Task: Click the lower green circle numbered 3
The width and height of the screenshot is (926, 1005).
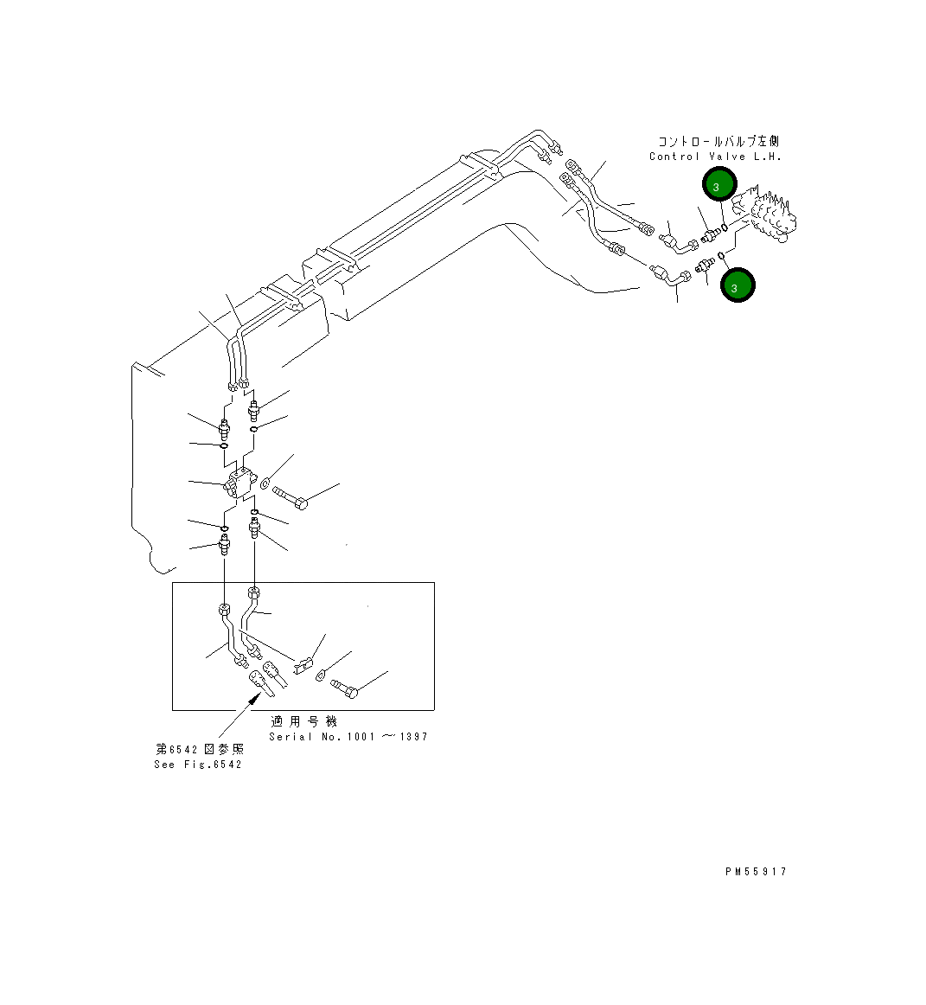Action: tap(738, 285)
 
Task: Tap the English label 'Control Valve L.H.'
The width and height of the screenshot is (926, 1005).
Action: tap(715, 157)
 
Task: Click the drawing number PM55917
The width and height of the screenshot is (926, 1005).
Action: tap(756, 872)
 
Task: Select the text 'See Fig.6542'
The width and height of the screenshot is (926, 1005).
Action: tap(198, 765)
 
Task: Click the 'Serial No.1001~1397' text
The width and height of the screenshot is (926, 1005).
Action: tap(348, 737)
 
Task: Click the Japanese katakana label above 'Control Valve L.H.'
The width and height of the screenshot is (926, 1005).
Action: tap(719, 141)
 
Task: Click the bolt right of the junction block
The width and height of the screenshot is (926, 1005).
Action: tap(290, 496)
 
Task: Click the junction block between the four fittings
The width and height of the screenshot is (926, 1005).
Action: tap(239, 483)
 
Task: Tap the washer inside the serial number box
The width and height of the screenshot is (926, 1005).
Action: tap(321, 675)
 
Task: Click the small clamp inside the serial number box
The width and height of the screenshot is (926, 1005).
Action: tap(303, 666)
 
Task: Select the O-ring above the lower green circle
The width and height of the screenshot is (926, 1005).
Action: tap(721, 255)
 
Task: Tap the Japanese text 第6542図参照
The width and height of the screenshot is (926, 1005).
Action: tap(199, 749)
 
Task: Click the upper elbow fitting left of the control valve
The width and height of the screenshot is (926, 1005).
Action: tap(671, 238)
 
